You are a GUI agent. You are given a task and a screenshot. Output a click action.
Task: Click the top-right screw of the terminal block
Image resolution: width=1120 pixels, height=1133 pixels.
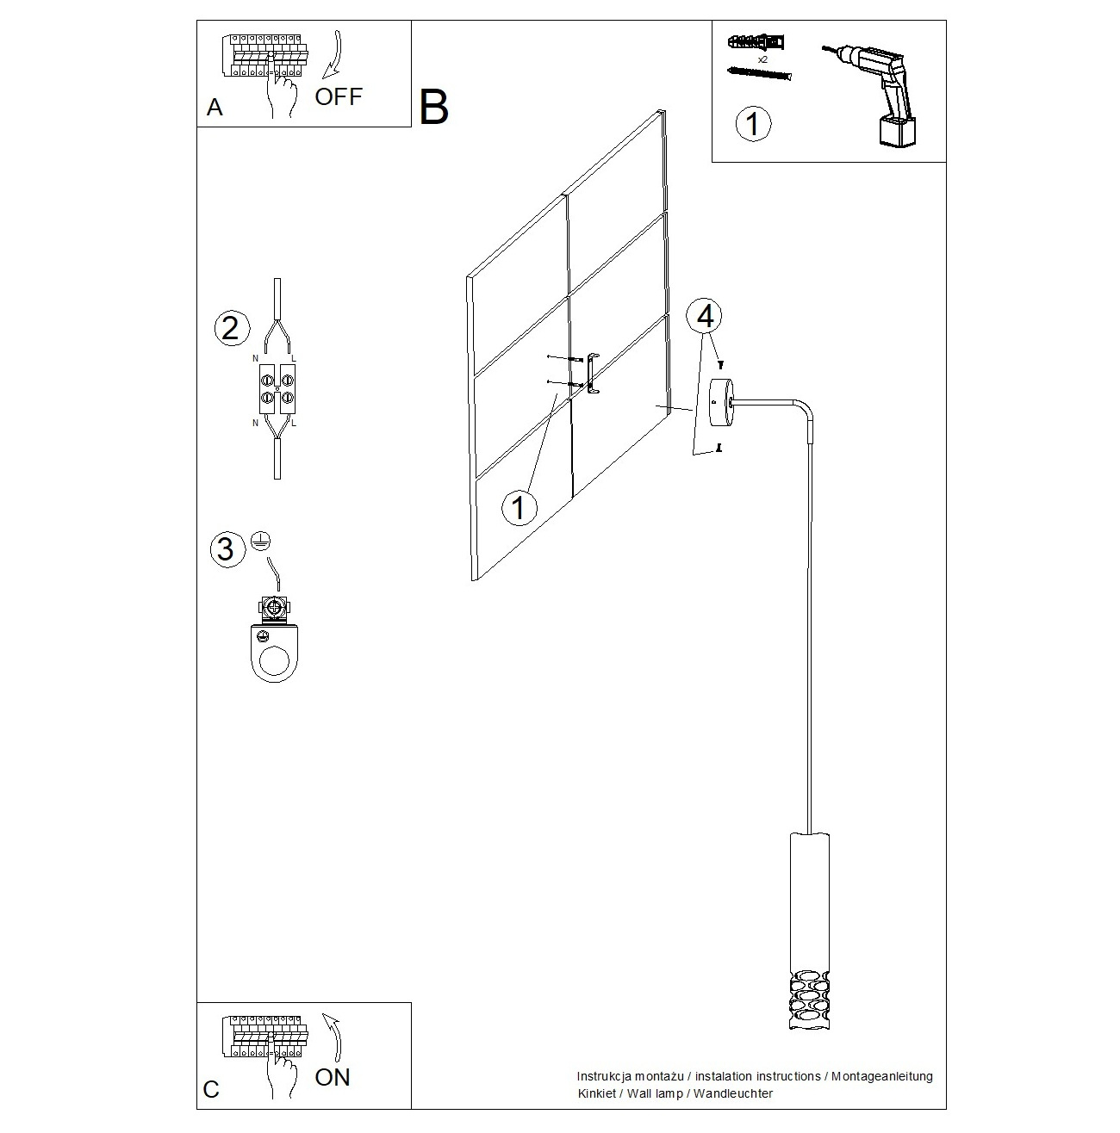click(x=287, y=379)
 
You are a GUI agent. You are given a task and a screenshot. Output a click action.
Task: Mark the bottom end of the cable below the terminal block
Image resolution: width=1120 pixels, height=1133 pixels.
click(x=277, y=478)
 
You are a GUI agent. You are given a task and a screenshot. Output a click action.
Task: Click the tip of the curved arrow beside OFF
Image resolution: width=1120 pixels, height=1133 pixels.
click(x=324, y=76)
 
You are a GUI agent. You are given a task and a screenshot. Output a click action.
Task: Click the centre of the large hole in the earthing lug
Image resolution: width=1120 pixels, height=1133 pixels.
click(x=275, y=661)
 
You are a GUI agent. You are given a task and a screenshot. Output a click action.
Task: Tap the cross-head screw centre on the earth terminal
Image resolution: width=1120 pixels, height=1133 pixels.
click(x=273, y=605)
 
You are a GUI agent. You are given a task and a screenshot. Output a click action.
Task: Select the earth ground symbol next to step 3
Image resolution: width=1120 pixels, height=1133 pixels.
click(x=260, y=541)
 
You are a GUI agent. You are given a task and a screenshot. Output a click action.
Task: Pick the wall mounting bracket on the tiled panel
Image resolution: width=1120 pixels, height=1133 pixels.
click(x=593, y=373)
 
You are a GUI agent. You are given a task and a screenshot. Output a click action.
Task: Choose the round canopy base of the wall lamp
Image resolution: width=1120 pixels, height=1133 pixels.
click(x=722, y=402)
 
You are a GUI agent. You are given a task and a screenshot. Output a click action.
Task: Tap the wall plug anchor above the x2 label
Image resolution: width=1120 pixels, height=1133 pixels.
click(x=756, y=43)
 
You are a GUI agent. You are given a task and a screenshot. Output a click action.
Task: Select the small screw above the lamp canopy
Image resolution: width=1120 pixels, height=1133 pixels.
click(x=719, y=365)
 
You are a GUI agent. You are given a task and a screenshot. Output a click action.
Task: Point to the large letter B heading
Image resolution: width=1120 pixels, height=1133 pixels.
click(x=433, y=108)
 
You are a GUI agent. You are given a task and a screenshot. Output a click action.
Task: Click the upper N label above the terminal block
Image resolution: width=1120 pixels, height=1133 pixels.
click(x=255, y=358)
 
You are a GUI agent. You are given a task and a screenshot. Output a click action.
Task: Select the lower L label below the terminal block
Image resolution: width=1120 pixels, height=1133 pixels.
click(x=294, y=423)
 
